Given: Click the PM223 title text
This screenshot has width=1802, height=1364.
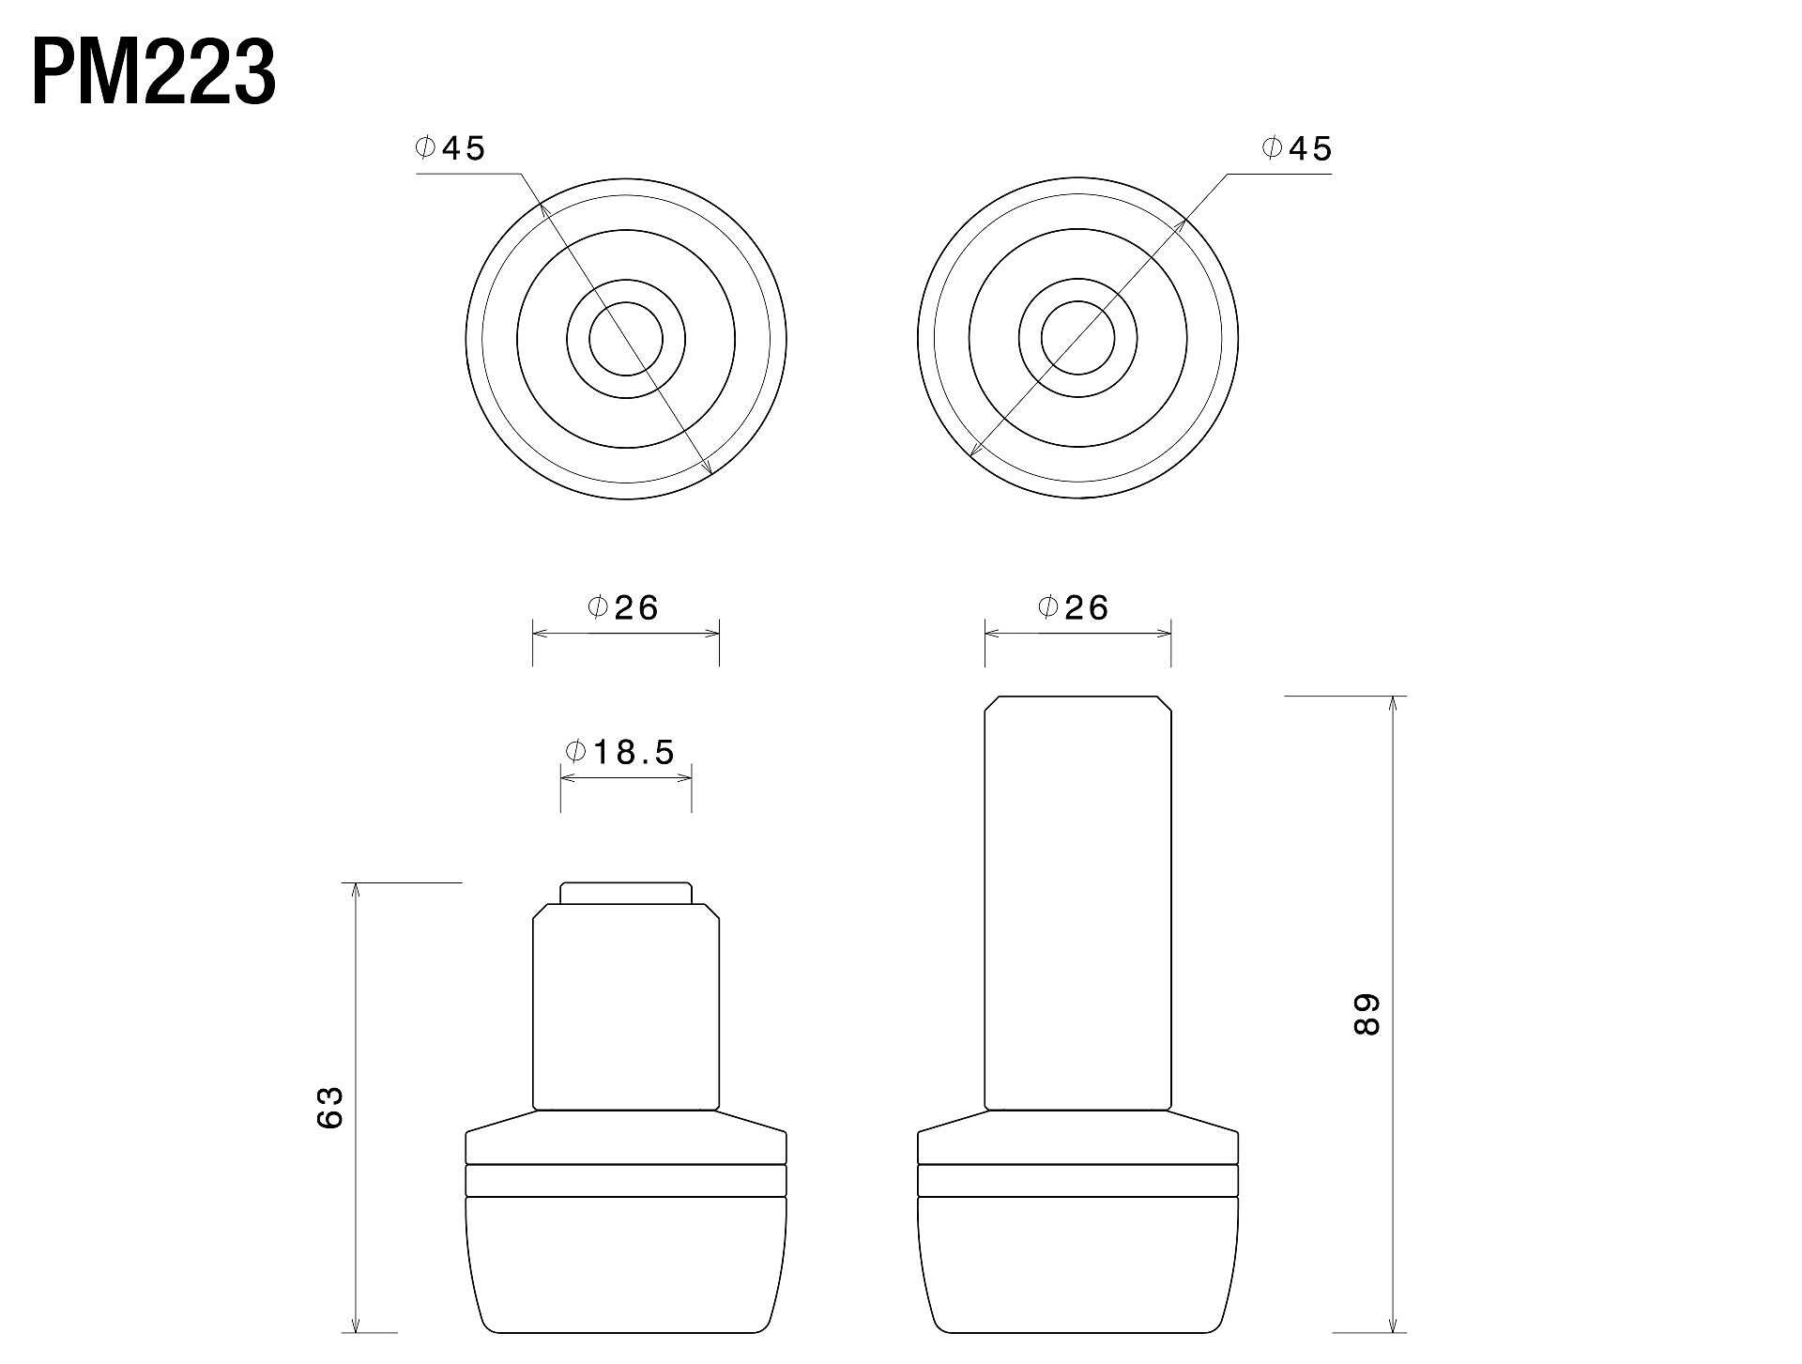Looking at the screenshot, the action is (154, 72).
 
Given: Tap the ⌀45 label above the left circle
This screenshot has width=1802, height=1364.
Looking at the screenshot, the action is (450, 148).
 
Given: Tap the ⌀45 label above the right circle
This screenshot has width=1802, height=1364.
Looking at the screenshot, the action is (1297, 148).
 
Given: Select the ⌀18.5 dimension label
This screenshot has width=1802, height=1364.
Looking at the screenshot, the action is (619, 751).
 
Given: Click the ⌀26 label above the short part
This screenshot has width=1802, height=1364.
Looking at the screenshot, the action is (624, 607).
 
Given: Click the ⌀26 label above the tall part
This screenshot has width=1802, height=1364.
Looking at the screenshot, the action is (1074, 607).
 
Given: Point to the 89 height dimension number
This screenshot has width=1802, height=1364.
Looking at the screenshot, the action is (1367, 1014).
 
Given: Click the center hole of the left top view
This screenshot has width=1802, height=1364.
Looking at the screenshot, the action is (626, 339).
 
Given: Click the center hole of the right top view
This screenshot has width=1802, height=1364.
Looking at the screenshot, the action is (1077, 339).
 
